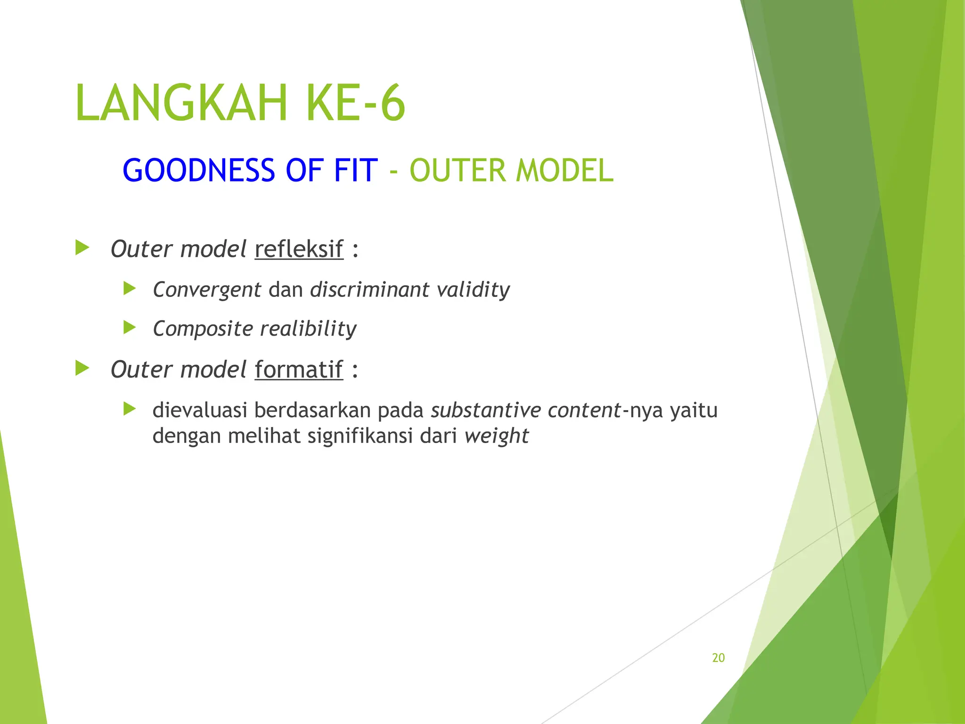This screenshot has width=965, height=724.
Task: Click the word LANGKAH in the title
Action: click(x=181, y=103)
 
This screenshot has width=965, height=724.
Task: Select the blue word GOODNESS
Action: click(x=198, y=170)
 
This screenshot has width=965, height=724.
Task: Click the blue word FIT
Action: click(x=356, y=170)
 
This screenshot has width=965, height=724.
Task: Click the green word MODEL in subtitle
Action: click(x=564, y=170)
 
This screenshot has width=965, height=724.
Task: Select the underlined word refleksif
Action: click(x=299, y=249)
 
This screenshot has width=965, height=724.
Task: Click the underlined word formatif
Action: click(x=299, y=370)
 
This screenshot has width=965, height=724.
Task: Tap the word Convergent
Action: click(x=207, y=289)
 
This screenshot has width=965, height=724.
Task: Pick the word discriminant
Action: click(x=369, y=289)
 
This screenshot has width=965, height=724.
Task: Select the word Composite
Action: click(x=203, y=329)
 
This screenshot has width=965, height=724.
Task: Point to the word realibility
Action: click(x=308, y=329)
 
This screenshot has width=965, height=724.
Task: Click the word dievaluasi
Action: click(x=200, y=410)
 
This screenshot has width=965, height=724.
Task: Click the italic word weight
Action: click(x=496, y=436)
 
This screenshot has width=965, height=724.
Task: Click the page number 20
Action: click(x=718, y=658)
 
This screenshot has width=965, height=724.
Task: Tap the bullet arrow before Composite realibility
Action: click(x=130, y=327)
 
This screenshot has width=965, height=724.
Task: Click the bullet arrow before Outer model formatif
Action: click(x=82, y=368)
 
